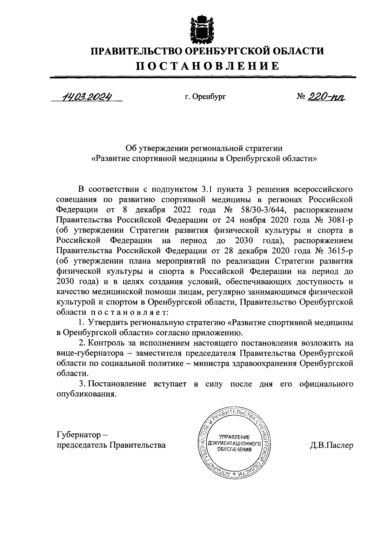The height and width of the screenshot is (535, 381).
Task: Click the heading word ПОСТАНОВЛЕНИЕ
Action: click(208, 66)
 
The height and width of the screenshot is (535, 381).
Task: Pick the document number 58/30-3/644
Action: click(262, 210)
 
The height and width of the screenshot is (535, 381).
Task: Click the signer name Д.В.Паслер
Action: click(331, 445)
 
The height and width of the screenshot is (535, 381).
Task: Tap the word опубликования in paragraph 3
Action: click(85, 394)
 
